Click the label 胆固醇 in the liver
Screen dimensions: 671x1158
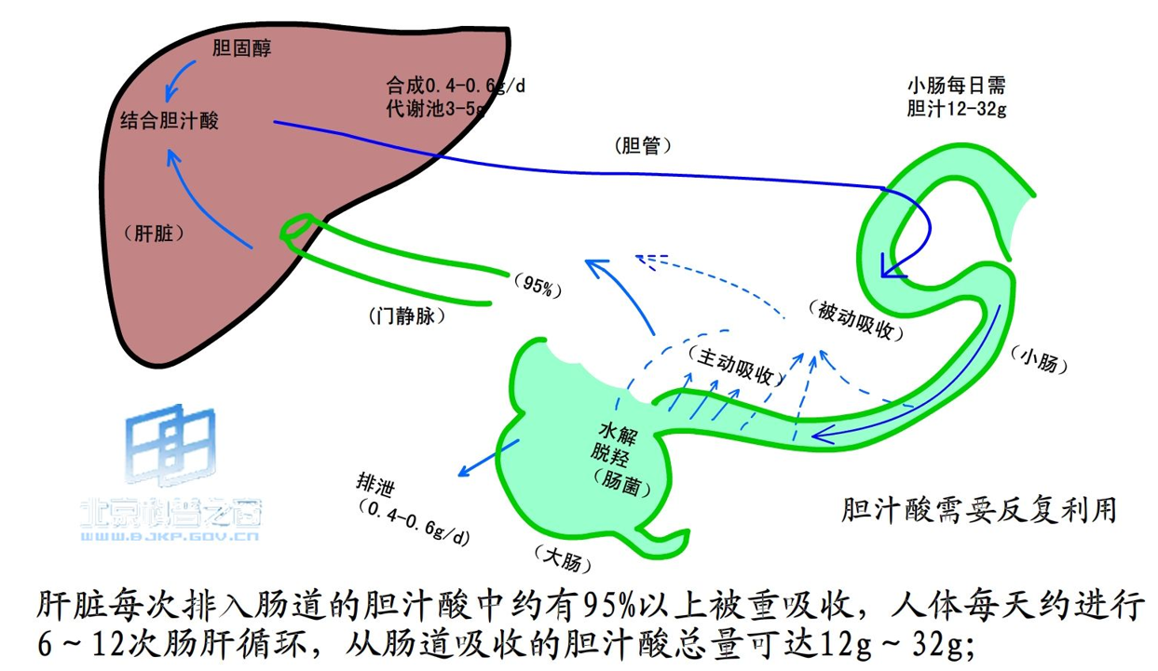click(x=241, y=48)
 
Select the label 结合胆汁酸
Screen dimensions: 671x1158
click(x=170, y=120)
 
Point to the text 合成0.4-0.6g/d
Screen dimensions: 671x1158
click(x=456, y=85)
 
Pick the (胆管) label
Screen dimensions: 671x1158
click(x=643, y=146)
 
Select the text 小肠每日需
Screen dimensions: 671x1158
click(x=956, y=86)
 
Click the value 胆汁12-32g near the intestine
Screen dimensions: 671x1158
click(x=956, y=108)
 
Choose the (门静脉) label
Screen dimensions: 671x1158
click(x=408, y=315)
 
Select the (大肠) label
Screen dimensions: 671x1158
click(x=564, y=558)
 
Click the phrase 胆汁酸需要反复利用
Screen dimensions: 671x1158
click(x=978, y=509)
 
